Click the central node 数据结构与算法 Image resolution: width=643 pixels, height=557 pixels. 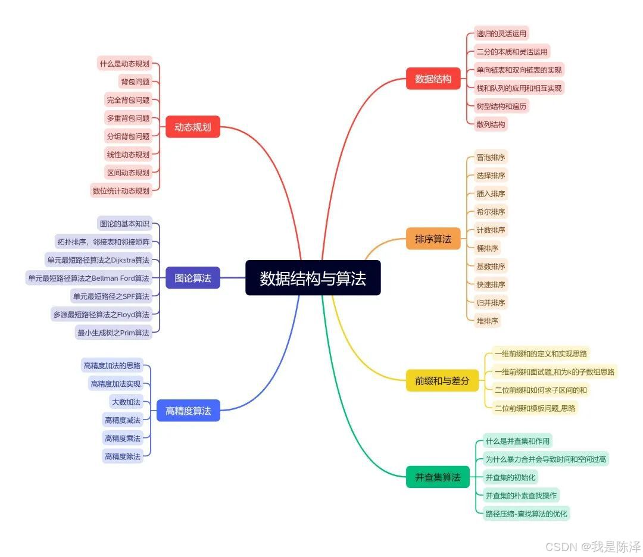313,278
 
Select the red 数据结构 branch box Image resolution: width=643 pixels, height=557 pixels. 433,79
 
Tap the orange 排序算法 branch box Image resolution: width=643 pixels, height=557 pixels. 433,239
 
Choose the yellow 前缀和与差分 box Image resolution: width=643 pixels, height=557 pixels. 442,380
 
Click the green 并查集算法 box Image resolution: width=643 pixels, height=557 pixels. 438,477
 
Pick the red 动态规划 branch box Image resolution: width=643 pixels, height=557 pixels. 192,127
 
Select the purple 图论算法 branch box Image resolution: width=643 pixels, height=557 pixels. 192,278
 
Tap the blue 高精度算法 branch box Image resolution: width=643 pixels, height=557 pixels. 188,411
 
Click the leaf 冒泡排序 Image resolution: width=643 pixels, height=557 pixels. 491,158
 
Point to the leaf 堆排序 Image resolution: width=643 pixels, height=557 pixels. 487,321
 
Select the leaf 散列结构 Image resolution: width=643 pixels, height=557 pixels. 491,124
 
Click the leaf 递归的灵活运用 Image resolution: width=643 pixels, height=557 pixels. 501,33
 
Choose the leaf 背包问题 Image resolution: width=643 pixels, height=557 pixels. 135,82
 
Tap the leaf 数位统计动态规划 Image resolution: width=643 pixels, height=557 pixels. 121,191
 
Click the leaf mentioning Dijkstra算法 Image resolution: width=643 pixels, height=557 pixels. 98,259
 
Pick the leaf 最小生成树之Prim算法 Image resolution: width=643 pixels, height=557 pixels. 113,333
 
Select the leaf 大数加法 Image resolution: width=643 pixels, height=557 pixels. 126,402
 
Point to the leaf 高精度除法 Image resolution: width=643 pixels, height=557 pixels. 123,456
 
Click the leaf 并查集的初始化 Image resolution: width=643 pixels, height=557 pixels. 511,477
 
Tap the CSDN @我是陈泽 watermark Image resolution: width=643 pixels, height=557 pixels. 592,546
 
